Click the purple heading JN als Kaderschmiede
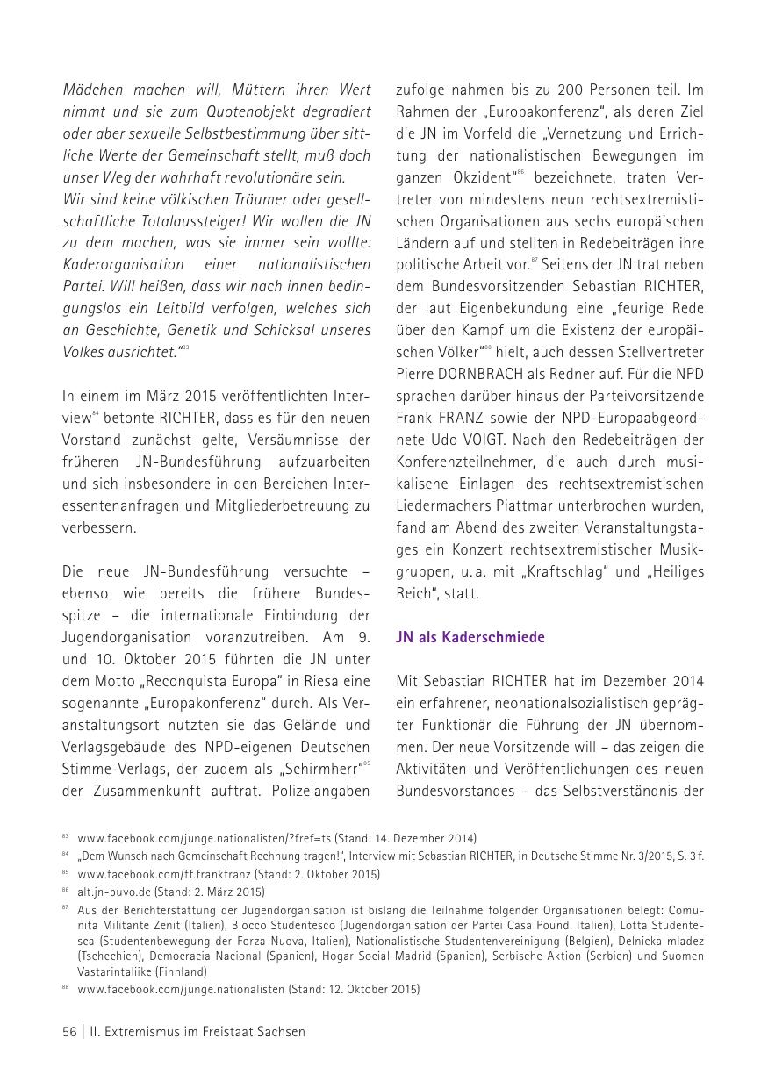coord(470,637)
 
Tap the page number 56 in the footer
coord(70,1032)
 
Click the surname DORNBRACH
coord(483,374)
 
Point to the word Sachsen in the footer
coord(280,1032)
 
